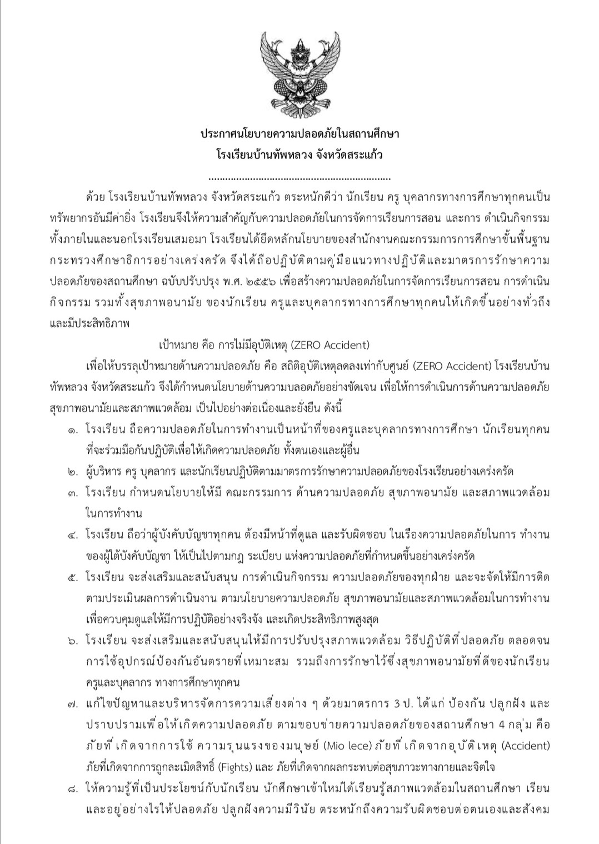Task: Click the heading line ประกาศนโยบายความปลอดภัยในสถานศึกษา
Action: coord(299,134)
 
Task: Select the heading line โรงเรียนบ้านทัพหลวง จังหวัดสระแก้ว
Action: coord(299,156)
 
